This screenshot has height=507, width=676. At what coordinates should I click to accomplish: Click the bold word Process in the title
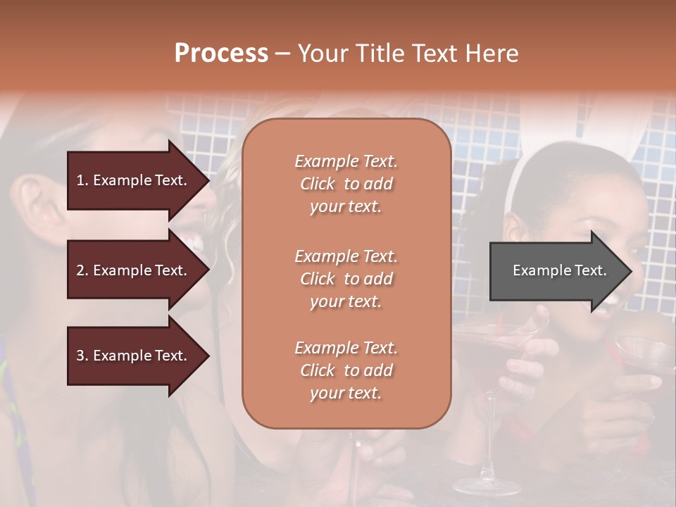coord(221,54)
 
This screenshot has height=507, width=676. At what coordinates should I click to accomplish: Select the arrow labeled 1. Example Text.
coord(134,180)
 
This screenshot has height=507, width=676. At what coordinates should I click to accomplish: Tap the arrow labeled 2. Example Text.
coord(134,270)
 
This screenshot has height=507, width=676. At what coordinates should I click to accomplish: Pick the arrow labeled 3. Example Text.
coord(134,356)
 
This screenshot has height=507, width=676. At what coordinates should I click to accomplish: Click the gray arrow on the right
coord(556,271)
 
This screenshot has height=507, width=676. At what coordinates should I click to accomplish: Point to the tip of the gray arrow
coord(630,271)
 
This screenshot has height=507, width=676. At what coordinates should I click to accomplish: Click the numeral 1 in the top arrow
coord(80,180)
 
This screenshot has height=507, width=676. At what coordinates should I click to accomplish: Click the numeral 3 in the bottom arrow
coord(80,356)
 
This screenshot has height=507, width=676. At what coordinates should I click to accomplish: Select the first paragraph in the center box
coord(346,184)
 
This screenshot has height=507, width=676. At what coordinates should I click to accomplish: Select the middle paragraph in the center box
coord(346,278)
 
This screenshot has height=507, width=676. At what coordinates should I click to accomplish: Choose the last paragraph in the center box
coord(346,370)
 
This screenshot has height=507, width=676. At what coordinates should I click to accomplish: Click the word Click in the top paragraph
coord(317,184)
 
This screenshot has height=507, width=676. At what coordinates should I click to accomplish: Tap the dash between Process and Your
coord(283,54)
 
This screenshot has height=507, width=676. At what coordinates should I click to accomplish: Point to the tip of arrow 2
coord(208,270)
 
